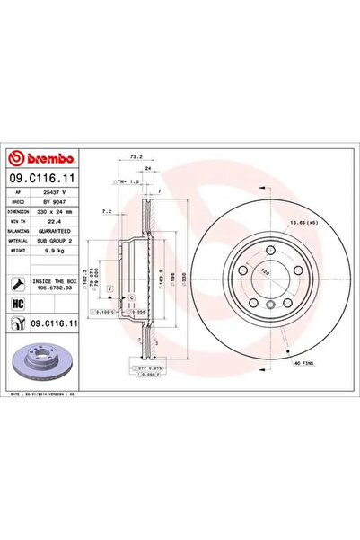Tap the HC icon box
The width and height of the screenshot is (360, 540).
tap(17, 305)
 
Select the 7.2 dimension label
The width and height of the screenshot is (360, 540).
tap(106, 212)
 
